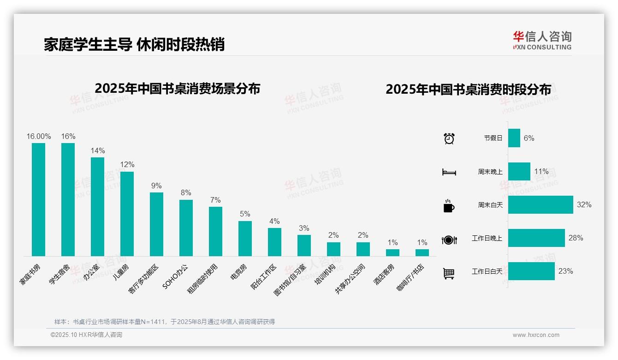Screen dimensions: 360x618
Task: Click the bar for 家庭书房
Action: point(38,199)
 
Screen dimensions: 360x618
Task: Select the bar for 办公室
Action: point(97,206)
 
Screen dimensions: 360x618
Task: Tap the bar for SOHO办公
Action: point(186,228)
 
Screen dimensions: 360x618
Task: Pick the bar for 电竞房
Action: point(245,238)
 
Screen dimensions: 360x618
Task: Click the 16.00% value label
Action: point(38,137)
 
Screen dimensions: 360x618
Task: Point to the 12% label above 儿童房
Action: point(127,165)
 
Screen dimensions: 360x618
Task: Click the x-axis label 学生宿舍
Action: point(59,274)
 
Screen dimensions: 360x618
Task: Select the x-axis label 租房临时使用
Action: point(202,279)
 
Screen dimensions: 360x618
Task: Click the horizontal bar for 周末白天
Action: point(541,204)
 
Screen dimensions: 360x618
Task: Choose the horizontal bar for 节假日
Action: point(514,138)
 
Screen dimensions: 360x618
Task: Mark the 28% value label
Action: point(576,238)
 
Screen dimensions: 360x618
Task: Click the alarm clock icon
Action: point(449,138)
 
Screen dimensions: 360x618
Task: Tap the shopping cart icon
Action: point(449,273)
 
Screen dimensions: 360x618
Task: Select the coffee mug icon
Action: point(449,206)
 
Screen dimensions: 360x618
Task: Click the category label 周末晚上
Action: point(490,172)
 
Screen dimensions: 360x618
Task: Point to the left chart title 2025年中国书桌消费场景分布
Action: point(178,89)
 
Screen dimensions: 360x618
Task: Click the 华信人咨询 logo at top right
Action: point(542,40)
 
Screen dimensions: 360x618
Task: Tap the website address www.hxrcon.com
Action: point(536,335)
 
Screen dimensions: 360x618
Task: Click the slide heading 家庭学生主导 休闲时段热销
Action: point(134,44)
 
